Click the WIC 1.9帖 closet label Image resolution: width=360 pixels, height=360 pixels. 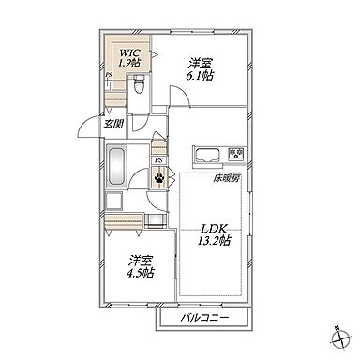pos(128,58)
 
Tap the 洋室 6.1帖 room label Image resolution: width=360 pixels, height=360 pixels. pos(200,70)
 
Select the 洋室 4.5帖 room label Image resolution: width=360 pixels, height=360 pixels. pos(140,266)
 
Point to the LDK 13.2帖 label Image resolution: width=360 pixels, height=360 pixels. pos(214,235)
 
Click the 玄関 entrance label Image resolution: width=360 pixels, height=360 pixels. pos(113,125)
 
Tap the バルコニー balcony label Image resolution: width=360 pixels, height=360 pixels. pos(205,318)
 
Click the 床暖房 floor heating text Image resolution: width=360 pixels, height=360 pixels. pos(227,179)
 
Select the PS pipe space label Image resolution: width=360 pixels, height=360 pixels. pos(159,160)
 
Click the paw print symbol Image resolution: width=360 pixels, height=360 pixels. pos(159,178)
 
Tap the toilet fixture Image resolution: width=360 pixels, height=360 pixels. pos(138,84)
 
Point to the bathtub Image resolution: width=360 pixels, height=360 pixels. pos(116,167)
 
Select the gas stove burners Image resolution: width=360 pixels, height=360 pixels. pos(236,154)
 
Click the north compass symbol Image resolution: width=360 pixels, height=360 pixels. pos(340,338)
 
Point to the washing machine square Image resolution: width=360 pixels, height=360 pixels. pos(114,201)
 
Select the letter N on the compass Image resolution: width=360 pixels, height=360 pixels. pos(337,328)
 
